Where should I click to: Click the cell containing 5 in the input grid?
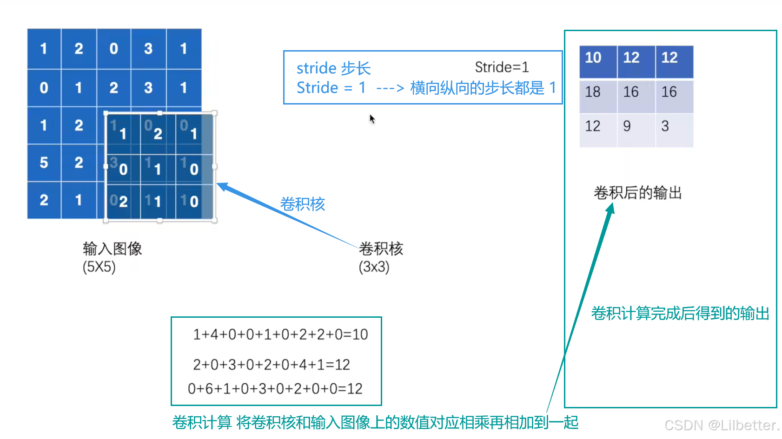[44, 163]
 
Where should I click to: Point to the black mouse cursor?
[372, 119]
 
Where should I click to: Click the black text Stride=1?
[502, 67]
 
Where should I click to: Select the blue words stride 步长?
[333, 69]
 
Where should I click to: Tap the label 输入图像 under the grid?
[112, 249]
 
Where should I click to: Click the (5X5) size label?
[99, 267]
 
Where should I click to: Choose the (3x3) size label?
[374, 267]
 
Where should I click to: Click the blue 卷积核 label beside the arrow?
[302, 204]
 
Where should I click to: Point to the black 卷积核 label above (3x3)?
[381, 249]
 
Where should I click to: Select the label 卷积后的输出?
[637, 193]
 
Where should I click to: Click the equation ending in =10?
[280, 334]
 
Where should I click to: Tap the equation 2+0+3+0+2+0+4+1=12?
[272, 365]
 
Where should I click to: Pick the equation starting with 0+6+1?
[275, 389]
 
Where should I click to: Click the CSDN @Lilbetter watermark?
[722, 425]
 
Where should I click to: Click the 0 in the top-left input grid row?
[114, 49]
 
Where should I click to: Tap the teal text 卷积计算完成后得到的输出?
[680, 314]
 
